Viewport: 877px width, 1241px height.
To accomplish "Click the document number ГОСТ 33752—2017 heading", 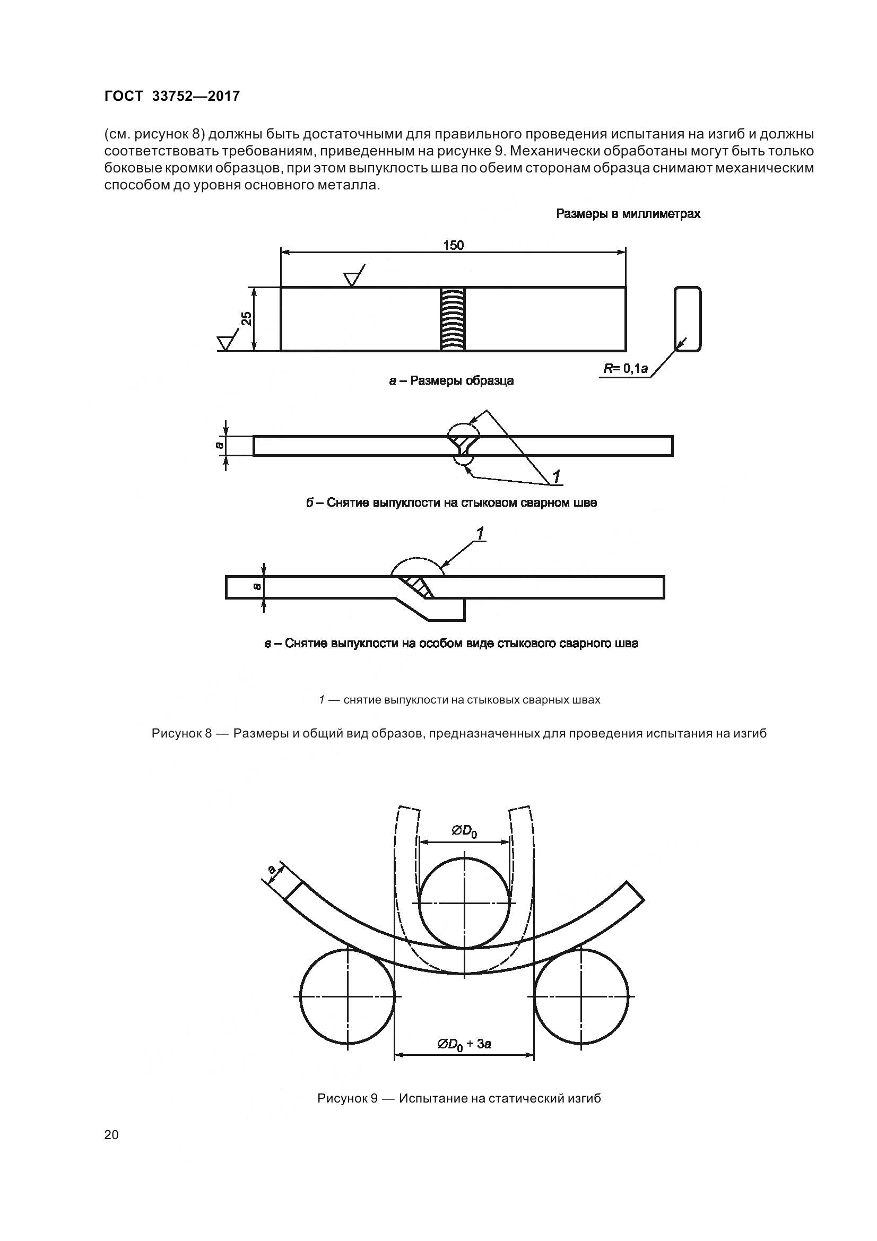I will pos(171,96).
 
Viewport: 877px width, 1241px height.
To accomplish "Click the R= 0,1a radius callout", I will pos(626,369).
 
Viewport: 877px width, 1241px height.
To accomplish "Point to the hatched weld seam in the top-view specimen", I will pos(453,319).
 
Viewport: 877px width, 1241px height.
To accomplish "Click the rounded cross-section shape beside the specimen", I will pos(688,319).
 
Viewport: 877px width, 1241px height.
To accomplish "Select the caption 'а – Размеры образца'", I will pos(451,380).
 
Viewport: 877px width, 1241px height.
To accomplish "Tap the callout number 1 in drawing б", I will pos(556,477).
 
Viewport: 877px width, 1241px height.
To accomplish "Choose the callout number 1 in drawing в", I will pos(479,533).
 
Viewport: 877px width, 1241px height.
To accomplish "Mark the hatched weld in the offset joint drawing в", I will pos(417,587).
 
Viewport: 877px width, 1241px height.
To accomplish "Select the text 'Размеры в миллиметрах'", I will pos(628,214).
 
